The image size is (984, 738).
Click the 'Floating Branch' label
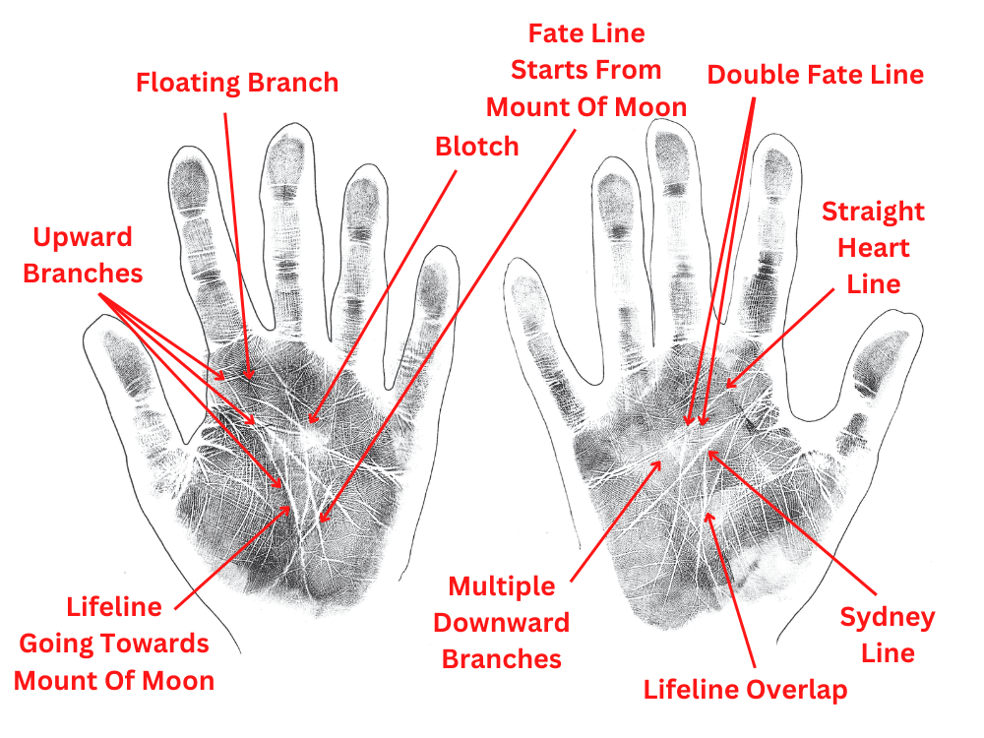coord(237,82)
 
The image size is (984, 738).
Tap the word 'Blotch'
coord(476,147)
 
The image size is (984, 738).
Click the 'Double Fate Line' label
coord(816,75)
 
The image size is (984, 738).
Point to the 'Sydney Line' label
coord(887,636)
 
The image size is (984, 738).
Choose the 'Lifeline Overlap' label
coord(745,690)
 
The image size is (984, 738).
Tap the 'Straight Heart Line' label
coord(874,248)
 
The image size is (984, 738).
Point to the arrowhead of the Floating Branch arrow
coord(251,378)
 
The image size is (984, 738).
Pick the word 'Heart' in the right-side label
coord(874,248)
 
